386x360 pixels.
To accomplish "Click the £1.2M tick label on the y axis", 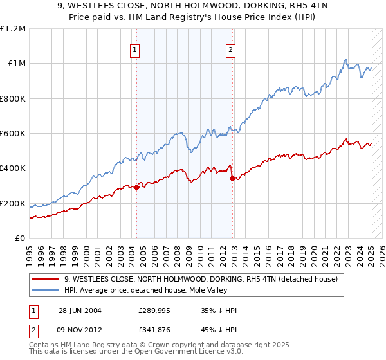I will pos(12,28).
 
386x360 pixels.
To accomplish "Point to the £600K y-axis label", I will pos(12,134).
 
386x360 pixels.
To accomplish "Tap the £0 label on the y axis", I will pos(20,239).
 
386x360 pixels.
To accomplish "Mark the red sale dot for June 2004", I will pos(137,187).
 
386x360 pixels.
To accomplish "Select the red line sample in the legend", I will pos(45,279).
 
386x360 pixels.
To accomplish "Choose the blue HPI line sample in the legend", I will pos(45,290).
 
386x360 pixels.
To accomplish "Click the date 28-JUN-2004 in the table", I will pos(80,310).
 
